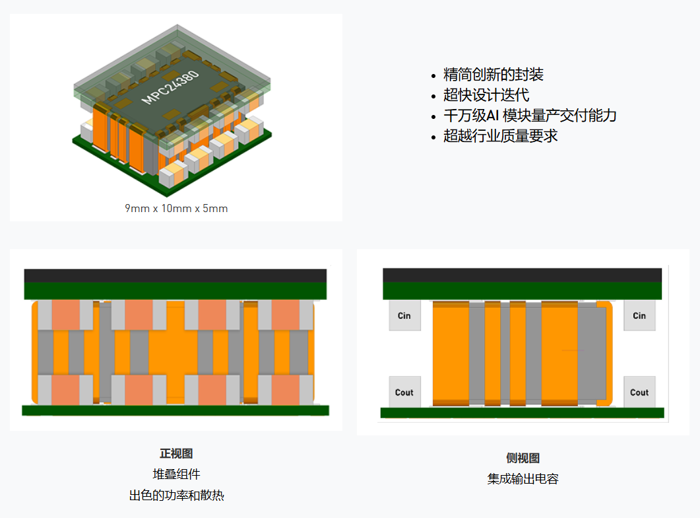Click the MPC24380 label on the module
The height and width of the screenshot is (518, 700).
click(171, 86)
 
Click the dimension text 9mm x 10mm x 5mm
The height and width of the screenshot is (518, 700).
click(176, 208)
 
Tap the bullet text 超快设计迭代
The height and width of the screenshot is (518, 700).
click(486, 95)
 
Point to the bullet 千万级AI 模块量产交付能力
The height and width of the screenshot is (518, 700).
click(530, 116)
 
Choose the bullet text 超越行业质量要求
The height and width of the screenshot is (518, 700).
click(501, 136)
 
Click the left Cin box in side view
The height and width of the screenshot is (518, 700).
click(404, 316)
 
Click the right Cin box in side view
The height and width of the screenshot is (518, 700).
click(639, 316)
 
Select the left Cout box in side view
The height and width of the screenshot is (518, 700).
click(404, 392)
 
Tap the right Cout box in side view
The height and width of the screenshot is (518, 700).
click(639, 392)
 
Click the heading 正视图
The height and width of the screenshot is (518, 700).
click(176, 454)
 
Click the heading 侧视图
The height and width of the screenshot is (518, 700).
click(523, 459)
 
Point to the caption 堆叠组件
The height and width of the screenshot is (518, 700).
click(176, 474)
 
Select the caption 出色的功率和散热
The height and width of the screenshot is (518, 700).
click(176, 495)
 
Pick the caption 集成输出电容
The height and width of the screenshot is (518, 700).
click(523, 479)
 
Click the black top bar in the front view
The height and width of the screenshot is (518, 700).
click(175, 275)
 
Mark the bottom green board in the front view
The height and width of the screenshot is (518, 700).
click(175, 410)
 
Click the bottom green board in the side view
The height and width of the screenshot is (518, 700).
click(522, 413)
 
